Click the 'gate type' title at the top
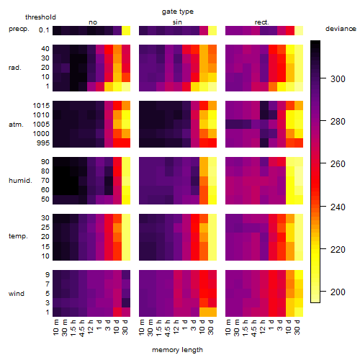click(x=178, y=12)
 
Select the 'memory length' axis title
click(x=177, y=350)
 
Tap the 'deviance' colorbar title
click(x=341, y=29)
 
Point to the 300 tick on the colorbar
click(x=323, y=78)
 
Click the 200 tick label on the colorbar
click(x=338, y=292)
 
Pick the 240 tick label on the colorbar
click(x=338, y=207)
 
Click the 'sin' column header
click(x=177, y=22)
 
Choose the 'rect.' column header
click(x=262, y=22)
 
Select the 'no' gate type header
click(x=93, y=22)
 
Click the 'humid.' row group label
click(x=20, y=181)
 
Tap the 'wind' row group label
click(x=17, y=294)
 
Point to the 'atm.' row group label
click(x=16, y=125)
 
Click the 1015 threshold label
click(x=41, y=106)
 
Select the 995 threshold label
click(x=43, y=143)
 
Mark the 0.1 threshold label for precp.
click(x=44, y=30)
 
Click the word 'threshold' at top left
click(x=40, y=17)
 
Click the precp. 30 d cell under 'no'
click(x=126, y=30)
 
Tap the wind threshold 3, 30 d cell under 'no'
click(x=126, y=302)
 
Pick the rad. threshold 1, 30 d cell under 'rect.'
click(x=299, y=86)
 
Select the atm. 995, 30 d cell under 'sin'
click(x=212, y=143)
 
